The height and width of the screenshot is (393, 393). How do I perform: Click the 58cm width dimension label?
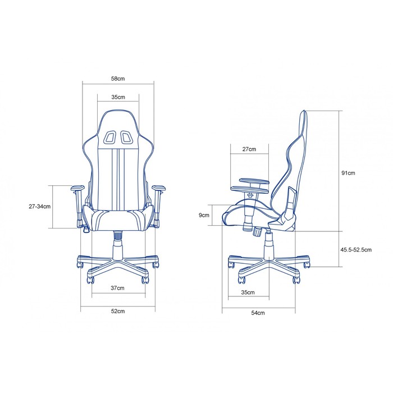coord(118,79)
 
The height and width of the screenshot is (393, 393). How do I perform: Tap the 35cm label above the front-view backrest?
coord(118,97)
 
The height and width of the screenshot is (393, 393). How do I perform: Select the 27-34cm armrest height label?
coord(40,207)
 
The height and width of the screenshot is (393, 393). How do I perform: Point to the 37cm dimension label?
coord(117,288)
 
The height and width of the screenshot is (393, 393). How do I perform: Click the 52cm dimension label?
coord(118,311)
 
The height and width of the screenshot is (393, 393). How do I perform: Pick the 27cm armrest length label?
coord(249,149)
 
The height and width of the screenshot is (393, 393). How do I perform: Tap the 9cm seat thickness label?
coord(204,215)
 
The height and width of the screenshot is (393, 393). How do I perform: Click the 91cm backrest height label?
coord(348,173)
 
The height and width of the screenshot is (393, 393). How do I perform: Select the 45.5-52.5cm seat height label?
coord(356,250)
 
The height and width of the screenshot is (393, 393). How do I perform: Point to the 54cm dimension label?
coord(258,313)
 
